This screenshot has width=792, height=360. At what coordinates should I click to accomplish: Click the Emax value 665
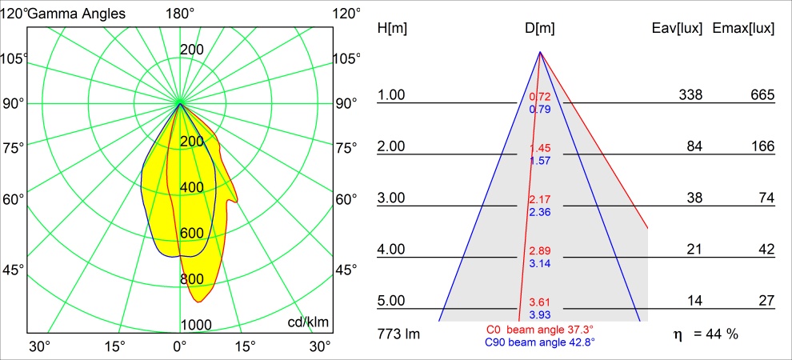pos(762,95)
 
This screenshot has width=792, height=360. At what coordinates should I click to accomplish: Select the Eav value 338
pos(690,95)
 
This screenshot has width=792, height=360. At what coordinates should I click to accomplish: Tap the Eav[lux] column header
pos(678,29)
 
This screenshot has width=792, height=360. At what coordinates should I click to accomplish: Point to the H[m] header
pos(393,29)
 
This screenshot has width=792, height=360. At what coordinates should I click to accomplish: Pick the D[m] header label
pos(540,29)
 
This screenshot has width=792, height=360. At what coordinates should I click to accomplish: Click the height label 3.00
pos(392,198)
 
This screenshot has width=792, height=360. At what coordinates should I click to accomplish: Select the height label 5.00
pos(392,301)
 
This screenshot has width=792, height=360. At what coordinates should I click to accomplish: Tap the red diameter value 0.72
pos(540,98)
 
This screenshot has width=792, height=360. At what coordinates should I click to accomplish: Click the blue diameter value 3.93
pos(540,314)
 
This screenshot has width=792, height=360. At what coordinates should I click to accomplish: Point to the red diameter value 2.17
pos(540,199)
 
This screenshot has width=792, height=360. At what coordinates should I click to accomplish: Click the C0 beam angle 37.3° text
pos(540,330)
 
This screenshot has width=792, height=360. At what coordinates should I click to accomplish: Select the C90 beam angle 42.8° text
pos(540,342)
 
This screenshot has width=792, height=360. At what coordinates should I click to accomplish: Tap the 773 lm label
pos(398,334)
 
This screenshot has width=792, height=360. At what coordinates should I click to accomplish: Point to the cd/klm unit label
pos(308,322)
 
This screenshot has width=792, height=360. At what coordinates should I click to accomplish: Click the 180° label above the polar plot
pos(180,14)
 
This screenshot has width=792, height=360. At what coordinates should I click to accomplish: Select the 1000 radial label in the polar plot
pos(196,324)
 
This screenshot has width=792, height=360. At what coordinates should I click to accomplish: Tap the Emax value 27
pos(766,301)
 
